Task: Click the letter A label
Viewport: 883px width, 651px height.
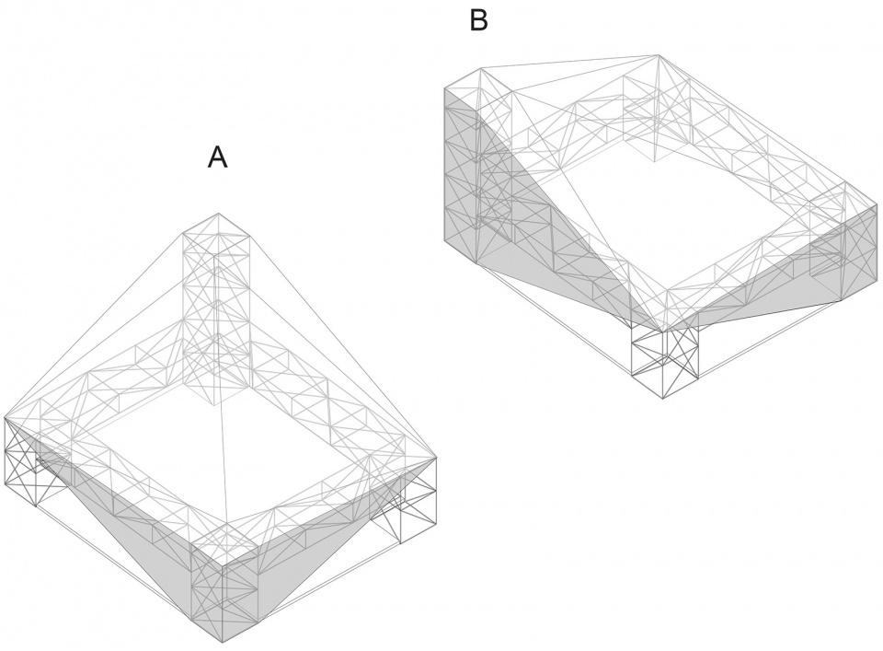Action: (x=217, y=157)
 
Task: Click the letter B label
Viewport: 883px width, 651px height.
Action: (x=478, y=20)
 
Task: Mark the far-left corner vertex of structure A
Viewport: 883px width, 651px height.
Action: (x=5, y=417)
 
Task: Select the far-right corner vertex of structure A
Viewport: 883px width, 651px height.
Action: (x=435, y=458)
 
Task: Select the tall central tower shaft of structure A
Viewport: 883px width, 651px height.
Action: (x=216, y=304)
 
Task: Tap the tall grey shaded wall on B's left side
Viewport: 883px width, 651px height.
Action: (x=469, y=184)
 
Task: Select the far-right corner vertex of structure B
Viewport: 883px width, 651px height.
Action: (x=874, y=206)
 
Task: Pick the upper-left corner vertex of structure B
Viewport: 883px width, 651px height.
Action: (x=445, y=88)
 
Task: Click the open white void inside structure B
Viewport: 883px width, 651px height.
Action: (x=671, y=212)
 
